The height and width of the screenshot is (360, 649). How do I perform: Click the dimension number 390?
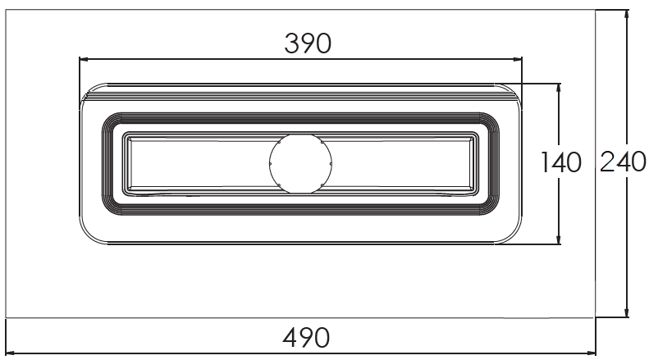click(x=308, y=43)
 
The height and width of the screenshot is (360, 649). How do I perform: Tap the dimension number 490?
click(x=306, y=338)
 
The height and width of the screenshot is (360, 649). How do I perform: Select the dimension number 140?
click(x=561, y=162)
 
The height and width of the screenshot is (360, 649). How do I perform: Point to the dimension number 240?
click(x=623, y=162)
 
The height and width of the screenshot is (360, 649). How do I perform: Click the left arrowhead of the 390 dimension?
click(x=84, y=59)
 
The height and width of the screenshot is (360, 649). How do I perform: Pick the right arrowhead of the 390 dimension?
click(x=517, y=59)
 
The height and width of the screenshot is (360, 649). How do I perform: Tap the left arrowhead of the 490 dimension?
click(x=11, y=353)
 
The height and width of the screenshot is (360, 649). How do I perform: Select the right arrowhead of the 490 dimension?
click(x=590, y=353)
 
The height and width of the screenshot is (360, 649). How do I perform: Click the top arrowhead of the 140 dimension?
click(x=559, y=89)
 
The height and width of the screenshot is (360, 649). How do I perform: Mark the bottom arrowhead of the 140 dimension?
click(x=559, y=239)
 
